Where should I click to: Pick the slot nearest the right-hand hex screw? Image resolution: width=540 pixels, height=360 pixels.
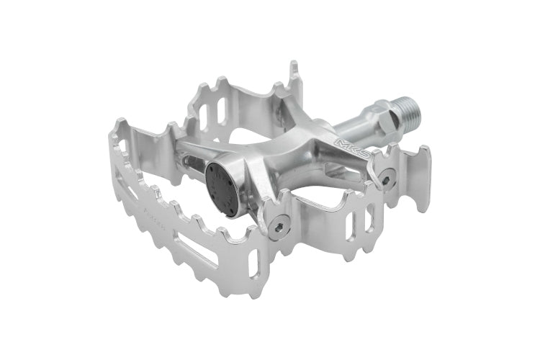pyautogui.click(x=371, y=209)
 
